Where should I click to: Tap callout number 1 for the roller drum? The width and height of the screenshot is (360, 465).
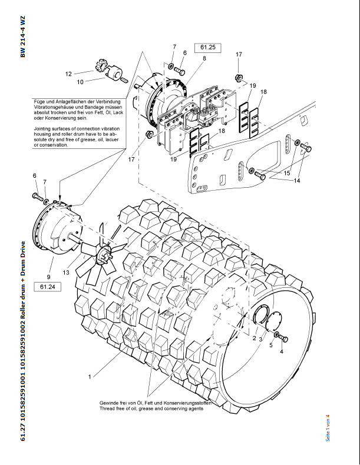coord(90,376)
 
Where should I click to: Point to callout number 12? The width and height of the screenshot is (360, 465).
coord(68,74)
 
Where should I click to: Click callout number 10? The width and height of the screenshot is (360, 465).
coord(80,82)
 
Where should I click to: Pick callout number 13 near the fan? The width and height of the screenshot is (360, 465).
coord(67,272)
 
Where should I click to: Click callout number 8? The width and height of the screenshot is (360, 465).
coord(204,58)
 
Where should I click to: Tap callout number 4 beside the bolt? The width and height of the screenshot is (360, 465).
coord(281,351)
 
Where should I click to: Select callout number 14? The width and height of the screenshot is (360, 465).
coord(297,181)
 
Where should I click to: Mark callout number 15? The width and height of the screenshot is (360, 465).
coord(287,173)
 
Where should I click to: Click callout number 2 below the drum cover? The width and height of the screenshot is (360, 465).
coord(254,339)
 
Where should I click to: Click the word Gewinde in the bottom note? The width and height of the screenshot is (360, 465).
coord(113,403)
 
